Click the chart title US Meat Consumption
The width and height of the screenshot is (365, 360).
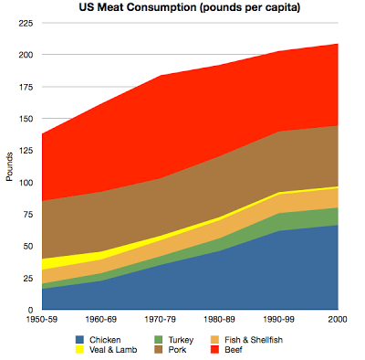138,7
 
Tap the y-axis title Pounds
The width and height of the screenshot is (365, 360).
9,166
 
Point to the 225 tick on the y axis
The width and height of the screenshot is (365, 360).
26,23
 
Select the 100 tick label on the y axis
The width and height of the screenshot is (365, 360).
26,183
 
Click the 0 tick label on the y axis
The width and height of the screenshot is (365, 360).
30,310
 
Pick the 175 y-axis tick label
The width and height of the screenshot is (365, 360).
26,87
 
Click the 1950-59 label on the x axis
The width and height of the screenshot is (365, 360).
42,319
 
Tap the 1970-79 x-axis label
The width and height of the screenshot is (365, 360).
160,319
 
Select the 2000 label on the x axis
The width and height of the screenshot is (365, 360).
338,319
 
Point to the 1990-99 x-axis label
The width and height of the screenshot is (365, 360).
278,319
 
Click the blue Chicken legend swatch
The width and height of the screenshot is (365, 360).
79,340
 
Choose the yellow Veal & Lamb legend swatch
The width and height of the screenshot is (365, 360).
79,349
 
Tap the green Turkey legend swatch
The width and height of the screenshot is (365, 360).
159,340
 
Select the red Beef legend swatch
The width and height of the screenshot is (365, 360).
214,349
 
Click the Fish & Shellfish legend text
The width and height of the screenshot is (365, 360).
254,340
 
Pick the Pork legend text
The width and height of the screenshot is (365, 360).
177,349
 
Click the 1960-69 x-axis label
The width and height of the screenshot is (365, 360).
101,319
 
